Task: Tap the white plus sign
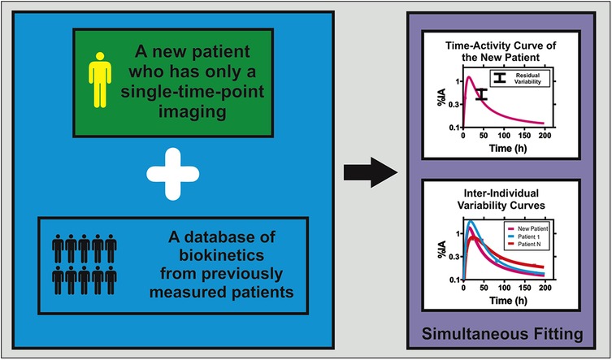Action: pos(172,171)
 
